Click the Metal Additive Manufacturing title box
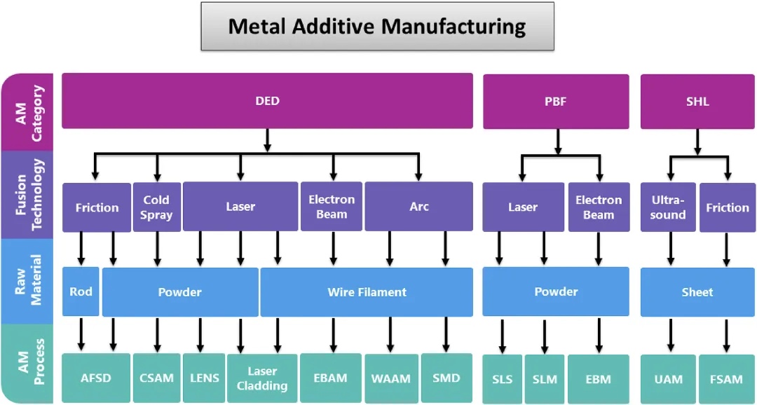tap(377, 27)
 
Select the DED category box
tap(267, 101)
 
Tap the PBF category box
tap(557, 101)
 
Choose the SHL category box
tap(697, 101)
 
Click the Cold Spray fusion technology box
tap(156, 207)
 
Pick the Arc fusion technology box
tap(418, 207)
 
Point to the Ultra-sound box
tap(668, 207)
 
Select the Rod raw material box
tap(81, 291)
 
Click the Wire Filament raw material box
tap(367, 292)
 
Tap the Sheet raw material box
tap(697, 292)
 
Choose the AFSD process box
tap(96, 378)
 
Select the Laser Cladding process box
tap(261, 378)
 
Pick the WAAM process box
tap(390, 378)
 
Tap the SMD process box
tap(446, 378)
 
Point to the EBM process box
tap(598, 379)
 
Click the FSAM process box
tap(726, 379)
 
